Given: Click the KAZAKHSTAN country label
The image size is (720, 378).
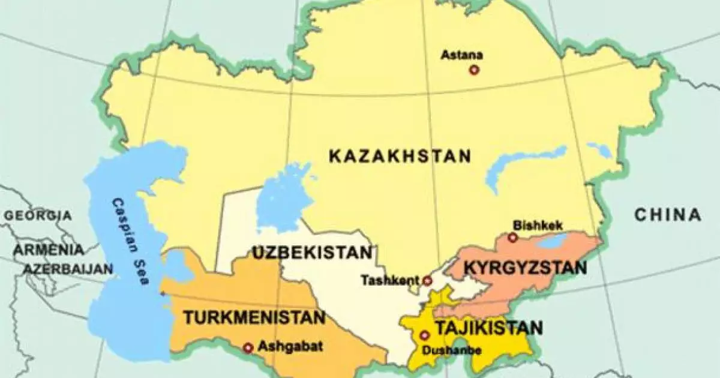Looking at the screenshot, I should click(x=400, y=157).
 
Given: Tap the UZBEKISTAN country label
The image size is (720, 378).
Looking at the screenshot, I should click(x=312, y=253).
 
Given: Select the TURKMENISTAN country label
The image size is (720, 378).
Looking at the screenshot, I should click(x=254, y=317).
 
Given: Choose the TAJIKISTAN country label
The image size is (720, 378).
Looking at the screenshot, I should click(x=489, y=328).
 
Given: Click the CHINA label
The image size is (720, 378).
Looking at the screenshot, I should click(x=668, y=215).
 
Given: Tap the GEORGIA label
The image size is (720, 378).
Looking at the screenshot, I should click(x=38, y=215).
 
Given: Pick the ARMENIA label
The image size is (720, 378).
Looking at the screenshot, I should click(x=49, y=249).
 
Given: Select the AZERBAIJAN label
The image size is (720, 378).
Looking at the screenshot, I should click(x=68, y=269).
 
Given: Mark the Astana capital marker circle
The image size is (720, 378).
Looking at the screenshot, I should click(x=474, y=70).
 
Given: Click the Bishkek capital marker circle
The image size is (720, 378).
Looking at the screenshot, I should click(x=512, y=238).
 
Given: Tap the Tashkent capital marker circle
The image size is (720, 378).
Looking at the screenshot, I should click(x=427, y=280).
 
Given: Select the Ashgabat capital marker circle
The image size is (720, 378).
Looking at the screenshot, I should click(x=248, y=347).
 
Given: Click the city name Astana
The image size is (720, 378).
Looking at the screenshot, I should click(x=462, y=55).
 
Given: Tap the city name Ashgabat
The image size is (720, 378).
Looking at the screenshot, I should click(x=282, y=346).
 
